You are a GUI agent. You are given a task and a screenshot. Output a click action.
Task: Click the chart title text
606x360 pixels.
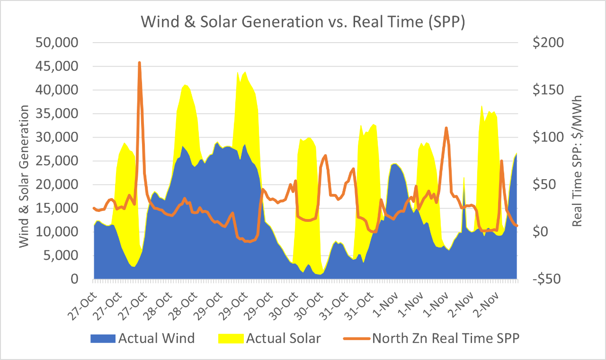coord(303,23)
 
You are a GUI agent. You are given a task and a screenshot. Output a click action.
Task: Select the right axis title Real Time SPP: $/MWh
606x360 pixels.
coord(577,161)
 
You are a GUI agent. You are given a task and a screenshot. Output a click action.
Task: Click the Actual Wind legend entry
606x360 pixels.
coord(156,338)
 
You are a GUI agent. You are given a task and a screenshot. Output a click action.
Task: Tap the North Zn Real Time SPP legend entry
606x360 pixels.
coord(445,338)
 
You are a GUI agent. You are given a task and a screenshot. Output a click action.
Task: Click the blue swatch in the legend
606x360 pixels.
coord(102,338)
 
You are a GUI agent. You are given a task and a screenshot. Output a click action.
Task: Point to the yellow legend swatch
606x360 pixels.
coord(231,338)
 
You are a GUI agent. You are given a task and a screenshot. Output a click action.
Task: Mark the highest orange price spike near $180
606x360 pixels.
coord(139,62)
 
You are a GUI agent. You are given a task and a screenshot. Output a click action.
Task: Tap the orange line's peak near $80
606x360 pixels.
coord(325,155)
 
